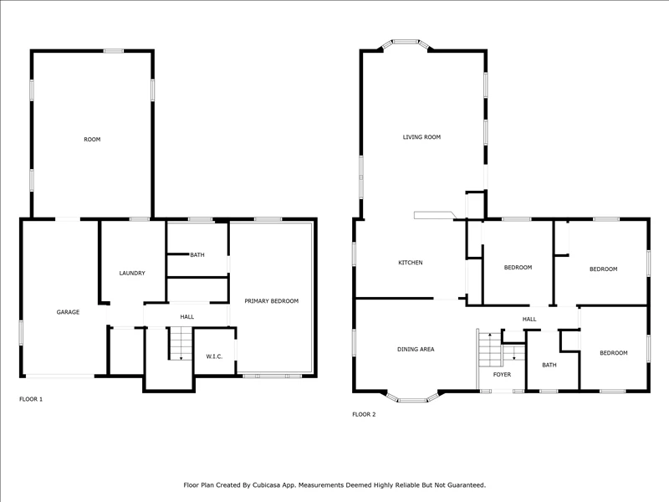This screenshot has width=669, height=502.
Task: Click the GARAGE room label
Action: [68, 312]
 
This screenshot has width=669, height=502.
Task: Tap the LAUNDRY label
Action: [132, 274]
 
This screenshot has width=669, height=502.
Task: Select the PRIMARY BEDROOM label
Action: [271, 301]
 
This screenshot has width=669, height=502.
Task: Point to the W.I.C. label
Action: [214, 356]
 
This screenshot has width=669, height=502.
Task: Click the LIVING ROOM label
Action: [421, 137]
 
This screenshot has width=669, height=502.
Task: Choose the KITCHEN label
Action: [411, 263]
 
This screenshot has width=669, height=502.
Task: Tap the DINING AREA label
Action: [416, 349]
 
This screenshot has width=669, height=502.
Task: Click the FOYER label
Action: [502, 374]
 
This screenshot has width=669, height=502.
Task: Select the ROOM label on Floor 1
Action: [92, 139]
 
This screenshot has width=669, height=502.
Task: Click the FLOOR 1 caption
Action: [31, 399]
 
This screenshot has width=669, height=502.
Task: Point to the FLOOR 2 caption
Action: [364, 414]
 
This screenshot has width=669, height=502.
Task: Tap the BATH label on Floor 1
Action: [197, 255]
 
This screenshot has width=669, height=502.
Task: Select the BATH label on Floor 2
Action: [549, 365]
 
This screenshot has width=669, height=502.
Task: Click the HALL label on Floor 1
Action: [186, 317]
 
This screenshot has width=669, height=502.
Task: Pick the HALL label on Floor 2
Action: [529, 319]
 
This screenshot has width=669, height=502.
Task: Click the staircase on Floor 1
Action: [181, 344]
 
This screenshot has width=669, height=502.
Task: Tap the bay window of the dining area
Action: [412, 397]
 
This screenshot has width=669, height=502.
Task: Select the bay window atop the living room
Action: [406, 44]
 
